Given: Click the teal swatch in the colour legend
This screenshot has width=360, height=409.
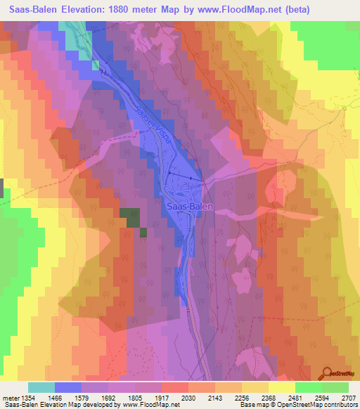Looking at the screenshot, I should [x=41, y=387].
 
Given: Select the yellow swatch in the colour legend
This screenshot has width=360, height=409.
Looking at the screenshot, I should [x=281, y=387].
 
